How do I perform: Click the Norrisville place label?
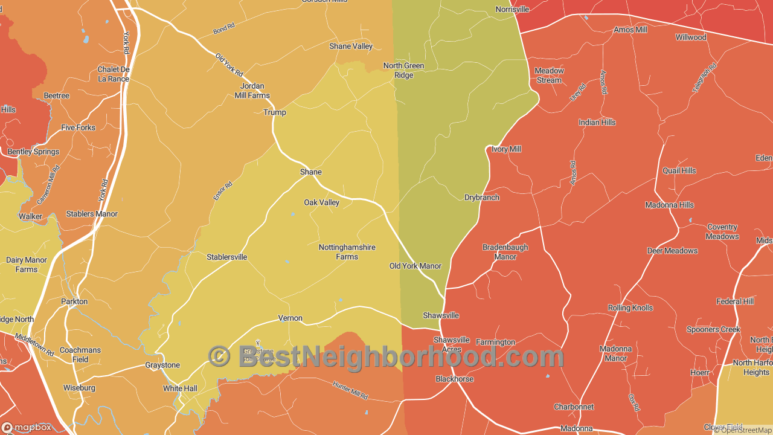coord(512,10)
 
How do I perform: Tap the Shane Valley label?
coord(351,47)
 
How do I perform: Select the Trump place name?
coord(275,112)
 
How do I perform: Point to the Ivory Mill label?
coord(506,149)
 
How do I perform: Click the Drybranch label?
coord(482,198)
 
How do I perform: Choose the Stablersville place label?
coord(227,257)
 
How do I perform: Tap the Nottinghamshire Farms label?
coord(347,252)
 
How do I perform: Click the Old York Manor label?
coord(415,266)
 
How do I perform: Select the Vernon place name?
coord(290,318)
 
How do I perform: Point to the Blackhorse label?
coord(455,379)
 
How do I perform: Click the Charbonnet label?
coord(574,407)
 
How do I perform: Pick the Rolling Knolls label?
coord(630,308)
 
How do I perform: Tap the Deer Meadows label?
coord(672,251)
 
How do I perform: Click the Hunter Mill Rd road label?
coord(350,390)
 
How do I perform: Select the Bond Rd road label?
coord(223,29)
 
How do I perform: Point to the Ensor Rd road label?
coord(222,192)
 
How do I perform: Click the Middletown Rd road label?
coord(34,345)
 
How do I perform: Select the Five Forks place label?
coord(79,128)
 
